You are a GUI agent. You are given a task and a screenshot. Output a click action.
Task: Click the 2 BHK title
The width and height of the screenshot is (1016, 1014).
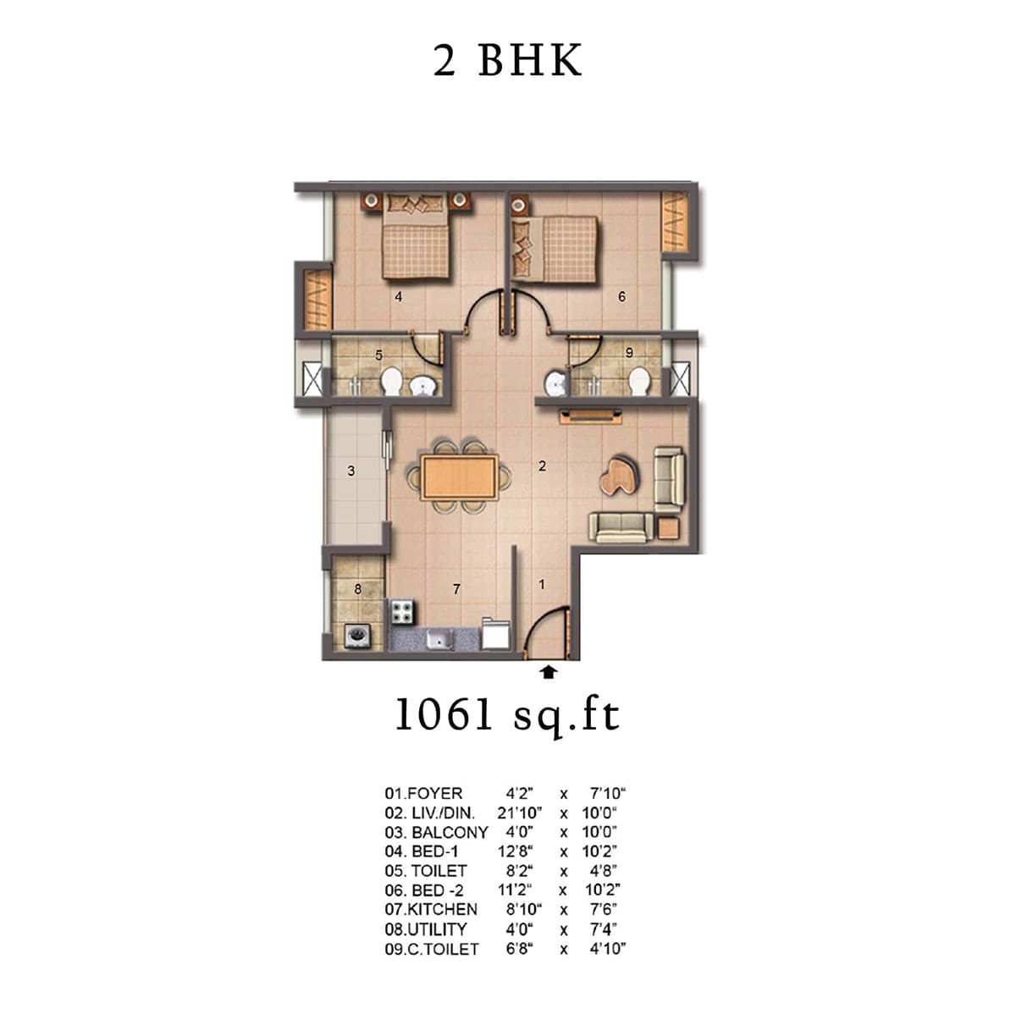507,61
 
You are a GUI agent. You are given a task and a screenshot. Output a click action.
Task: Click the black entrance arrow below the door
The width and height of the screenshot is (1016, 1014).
549,672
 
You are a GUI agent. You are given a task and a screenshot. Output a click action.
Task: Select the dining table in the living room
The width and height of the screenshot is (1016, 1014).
459,477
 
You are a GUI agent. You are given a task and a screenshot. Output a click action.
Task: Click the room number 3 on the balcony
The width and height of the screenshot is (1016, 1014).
351,471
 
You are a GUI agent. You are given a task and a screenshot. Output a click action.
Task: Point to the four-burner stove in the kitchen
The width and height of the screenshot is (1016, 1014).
403,612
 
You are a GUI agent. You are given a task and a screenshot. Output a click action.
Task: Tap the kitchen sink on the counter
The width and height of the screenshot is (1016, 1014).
440,640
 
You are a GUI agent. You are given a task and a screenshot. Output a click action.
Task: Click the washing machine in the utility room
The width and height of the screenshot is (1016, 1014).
358,637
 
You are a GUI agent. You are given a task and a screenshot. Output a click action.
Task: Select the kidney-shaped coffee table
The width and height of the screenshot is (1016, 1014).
621,476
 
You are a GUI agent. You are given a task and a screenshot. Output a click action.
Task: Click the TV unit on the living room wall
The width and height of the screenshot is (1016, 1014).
590,416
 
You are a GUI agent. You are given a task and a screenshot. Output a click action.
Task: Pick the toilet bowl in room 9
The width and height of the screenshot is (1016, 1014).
639,381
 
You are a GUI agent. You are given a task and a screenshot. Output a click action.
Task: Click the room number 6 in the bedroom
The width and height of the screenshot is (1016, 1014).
621,297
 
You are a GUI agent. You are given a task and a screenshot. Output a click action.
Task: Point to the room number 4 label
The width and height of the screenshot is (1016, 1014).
399,297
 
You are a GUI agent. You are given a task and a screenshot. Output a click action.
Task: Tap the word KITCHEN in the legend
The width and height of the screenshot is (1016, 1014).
442,910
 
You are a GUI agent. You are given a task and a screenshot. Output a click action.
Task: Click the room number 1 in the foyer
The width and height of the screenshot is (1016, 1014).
542,584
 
